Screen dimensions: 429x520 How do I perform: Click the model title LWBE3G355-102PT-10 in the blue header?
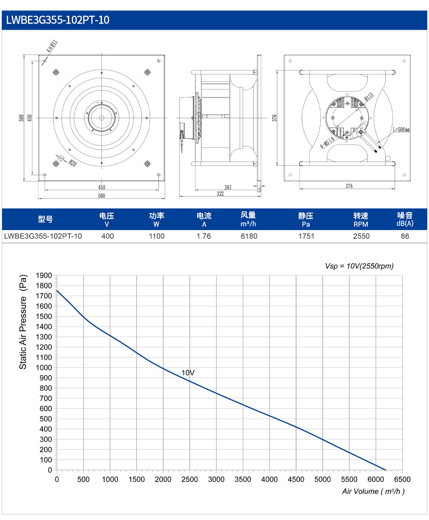pos(58,20)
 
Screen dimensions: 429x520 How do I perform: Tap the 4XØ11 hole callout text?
pos(52,46)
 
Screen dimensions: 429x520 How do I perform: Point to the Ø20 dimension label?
pos(73,163)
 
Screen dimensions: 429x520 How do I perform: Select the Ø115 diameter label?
pos(369,96)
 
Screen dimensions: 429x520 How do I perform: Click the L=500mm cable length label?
pos(401,129)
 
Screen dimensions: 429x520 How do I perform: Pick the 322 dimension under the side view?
pos(220,194)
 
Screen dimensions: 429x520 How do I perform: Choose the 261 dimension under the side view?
pos(228,187)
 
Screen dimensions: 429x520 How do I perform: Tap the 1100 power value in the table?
pos(157,236)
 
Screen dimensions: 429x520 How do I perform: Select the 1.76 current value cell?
pos(203,236)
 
